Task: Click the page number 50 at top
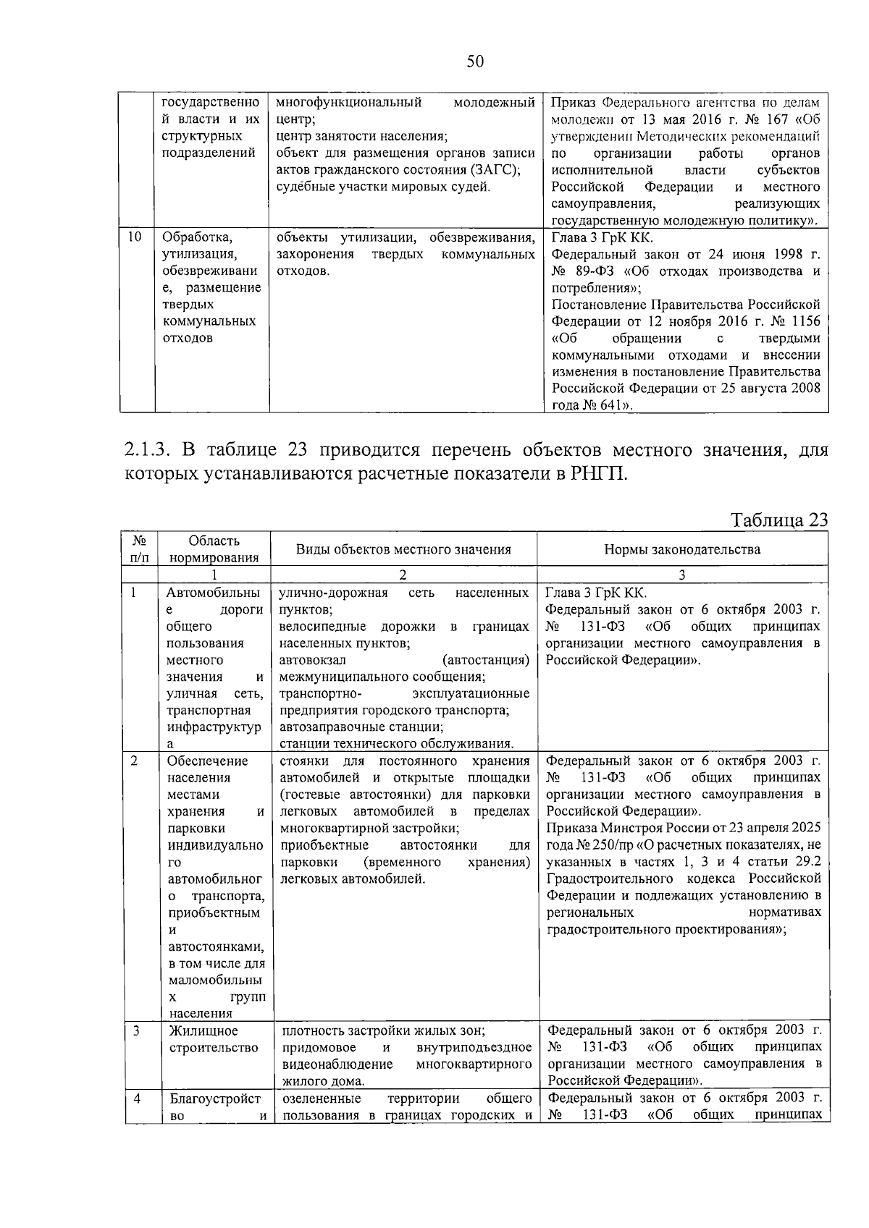(474, 62)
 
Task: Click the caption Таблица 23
(779, 521)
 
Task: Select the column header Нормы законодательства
(681, 549)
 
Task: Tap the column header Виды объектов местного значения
(403, 549)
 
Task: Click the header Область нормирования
(214, 549)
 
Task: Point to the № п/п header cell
(139, 549)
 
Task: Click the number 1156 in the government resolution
(806, 321)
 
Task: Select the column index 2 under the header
(403, 575)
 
